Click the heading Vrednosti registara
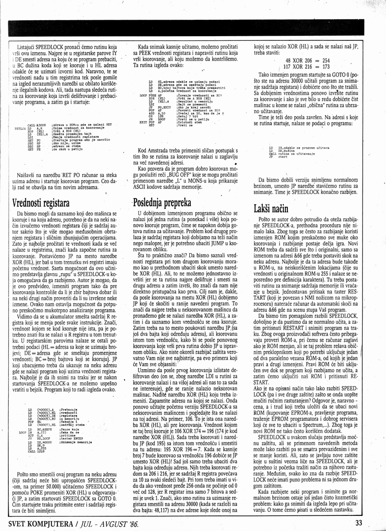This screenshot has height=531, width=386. pyautogui.click(x=41, y=202)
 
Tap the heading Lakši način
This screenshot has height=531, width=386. pyautogui.click(x=270, y=209)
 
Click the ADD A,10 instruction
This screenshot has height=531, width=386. pyautogui.click(x=157, y=113)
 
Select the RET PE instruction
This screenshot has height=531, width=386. pyautogui.click(x=34, y=149)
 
